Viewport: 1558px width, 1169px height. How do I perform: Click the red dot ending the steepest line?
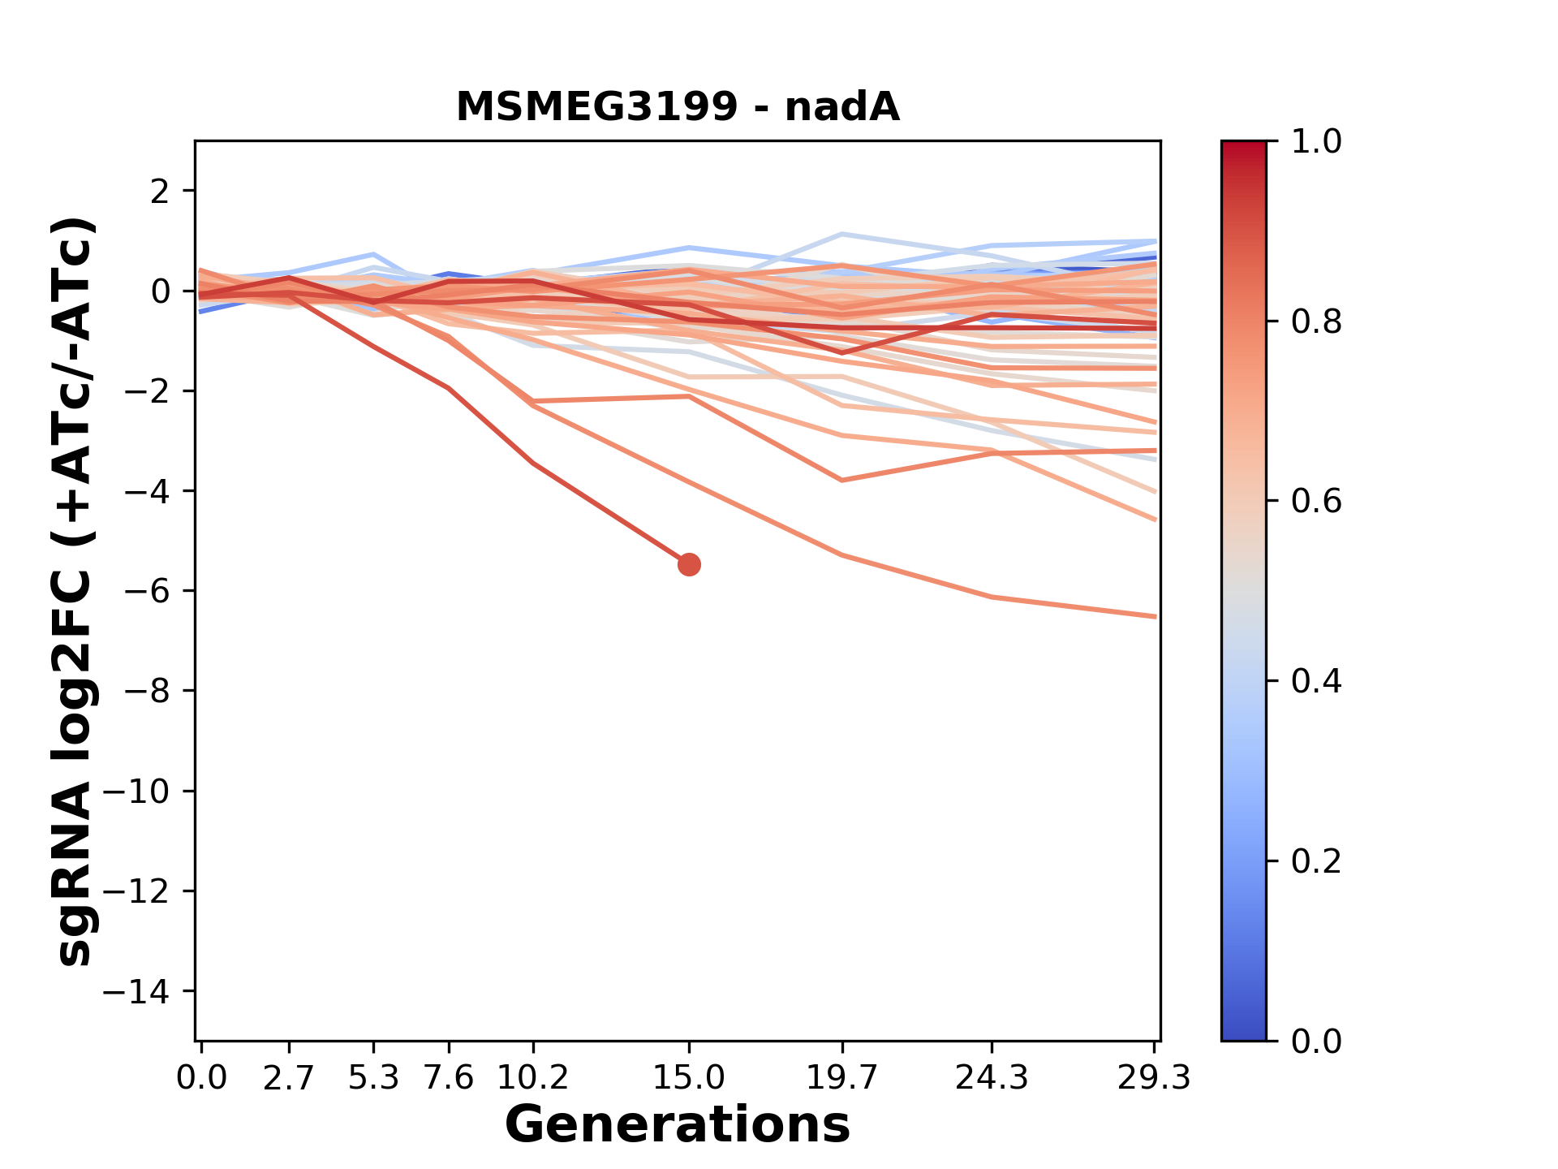pyautogui.click(x=689, y=564)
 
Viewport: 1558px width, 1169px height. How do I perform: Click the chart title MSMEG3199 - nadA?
pyautogui.click(x=678, y=107)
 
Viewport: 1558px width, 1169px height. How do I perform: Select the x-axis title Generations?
pyautogui.click(x=678, y=1124)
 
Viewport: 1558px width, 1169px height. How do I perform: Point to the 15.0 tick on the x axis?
pyautogui.click(x=689, y=1078)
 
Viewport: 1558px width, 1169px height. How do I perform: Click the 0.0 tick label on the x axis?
pyautogui.click(x=201, y=1078)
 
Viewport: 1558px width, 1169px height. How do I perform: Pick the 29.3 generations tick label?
pyautogui.click(x=1154, y=1078)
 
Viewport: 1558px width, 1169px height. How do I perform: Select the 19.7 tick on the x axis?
pyautogui.click(x=842, y=1078)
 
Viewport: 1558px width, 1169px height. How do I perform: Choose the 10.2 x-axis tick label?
pyautogui.click(x=532, y=1078)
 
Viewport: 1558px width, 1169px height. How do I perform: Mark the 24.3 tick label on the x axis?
pyautogui.click(x=992, y=1078)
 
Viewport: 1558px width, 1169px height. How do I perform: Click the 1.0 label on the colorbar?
pyautogui.click(x=1316, y=142)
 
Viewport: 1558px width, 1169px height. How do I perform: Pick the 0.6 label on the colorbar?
pyautogui.click(x=1316, y=501)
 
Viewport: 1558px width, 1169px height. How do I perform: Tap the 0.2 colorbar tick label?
pyautogui.click(x=1316, y=861)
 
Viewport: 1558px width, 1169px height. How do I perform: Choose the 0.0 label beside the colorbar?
pyautogui.click(x=1316, y=1041)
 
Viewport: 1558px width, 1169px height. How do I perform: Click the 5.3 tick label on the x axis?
pyautogui.click(x=373, y=1078)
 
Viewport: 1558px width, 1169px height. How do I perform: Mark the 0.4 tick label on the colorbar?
pyautogui.click(x=1316, y=681)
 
